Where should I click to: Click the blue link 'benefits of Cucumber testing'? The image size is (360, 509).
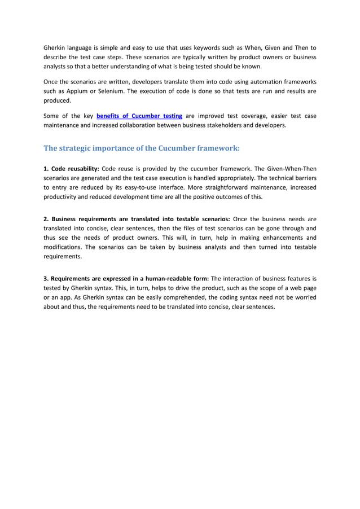(x=139, y=116)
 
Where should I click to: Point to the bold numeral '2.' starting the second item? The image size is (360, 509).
(x=47, y=218)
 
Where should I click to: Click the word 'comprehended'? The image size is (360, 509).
(x=179, y=298)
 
